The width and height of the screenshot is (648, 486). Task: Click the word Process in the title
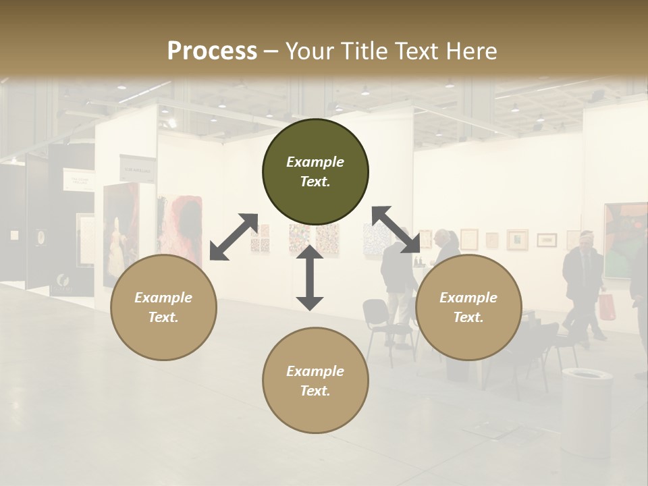(x=212, y=51)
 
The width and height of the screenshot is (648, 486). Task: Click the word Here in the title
(x=471, y=51)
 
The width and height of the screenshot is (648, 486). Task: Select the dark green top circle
(x=315, y=171)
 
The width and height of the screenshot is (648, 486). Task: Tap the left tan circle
(x=163, y=307)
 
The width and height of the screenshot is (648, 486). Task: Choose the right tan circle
(x=468, y=307)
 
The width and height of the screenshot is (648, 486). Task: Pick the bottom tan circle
(x=315, y=381)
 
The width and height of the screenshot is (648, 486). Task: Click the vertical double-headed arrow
(x=310, y=277)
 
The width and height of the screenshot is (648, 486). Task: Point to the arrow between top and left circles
(x=234, y=237)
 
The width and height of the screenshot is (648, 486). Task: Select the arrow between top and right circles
(x=396, y=230)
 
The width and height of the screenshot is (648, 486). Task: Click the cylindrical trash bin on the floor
(x=587, y=412)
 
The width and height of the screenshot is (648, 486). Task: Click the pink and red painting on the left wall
(x=180, y=226)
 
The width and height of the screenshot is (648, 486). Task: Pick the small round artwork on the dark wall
(x=41, y=237)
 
